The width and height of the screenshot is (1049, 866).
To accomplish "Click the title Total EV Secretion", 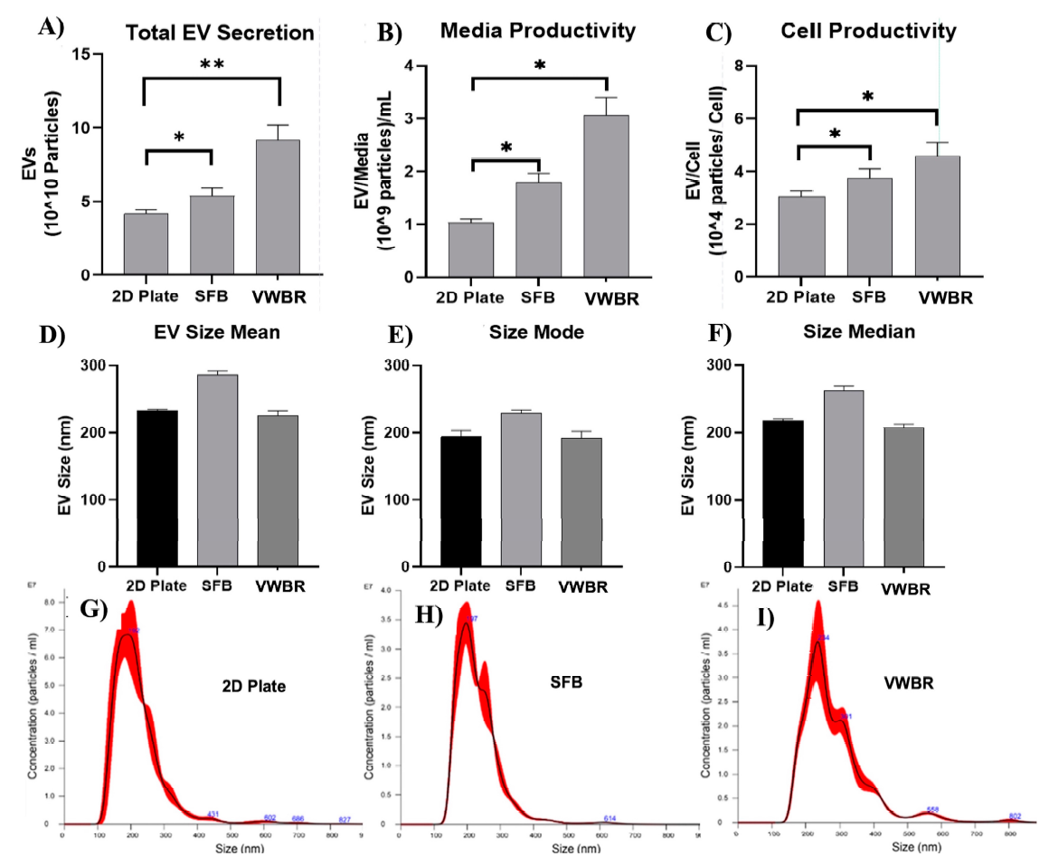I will pyautogui.click(x=220, y=34).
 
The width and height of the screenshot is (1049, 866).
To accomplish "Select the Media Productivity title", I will pyautogui.click(x=538, y=31).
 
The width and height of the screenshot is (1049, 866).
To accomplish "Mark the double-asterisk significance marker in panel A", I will pyautogui.click(x=213, y=65).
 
